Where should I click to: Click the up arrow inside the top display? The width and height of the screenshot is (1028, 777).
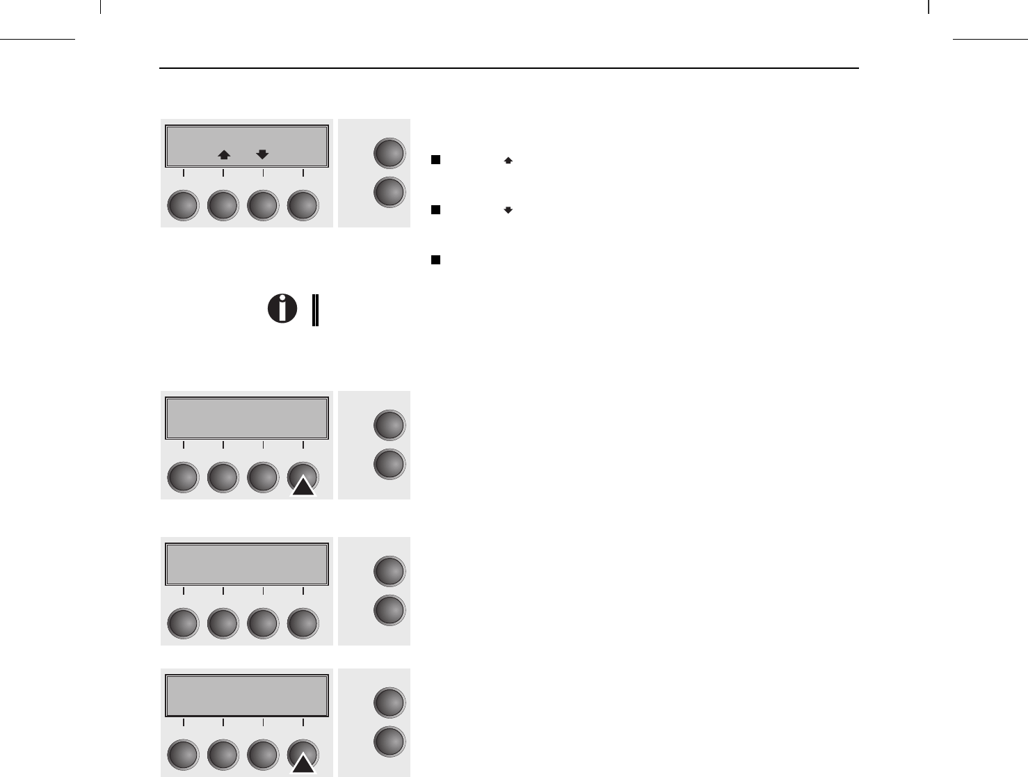tap(224, 155)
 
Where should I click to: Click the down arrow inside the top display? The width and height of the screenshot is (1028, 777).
tap(262, 155)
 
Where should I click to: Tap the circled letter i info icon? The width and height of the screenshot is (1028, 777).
tap(282, 308)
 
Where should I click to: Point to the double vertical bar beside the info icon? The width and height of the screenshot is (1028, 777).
tap(316, 310)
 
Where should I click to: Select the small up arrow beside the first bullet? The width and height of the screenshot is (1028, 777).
tap(508, 160)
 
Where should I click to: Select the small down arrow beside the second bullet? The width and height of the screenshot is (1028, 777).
tap(508, 210)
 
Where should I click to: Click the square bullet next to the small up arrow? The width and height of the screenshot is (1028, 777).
tap(435, 160)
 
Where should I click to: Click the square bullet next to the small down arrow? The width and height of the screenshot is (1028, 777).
tap(435, 209)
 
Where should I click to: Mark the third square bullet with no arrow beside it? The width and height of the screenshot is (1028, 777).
tap(435, 259)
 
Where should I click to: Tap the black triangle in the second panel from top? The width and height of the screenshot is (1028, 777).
tap(303, 486)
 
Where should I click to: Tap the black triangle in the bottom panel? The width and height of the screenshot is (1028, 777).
tap(303, 764)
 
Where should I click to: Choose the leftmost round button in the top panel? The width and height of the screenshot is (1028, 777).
tap(184, 207)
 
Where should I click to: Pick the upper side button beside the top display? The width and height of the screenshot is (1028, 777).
tap(389, 154)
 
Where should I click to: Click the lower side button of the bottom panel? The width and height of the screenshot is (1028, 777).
tap(389, 742)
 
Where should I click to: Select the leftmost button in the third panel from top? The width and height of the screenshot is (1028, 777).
tap(184, 624)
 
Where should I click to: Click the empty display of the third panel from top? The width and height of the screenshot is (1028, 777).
tap(246, 564)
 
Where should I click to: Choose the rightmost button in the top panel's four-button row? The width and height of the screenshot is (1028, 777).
tap(303, 207)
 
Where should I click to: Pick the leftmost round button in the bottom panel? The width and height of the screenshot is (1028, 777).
tap(184, 756)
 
